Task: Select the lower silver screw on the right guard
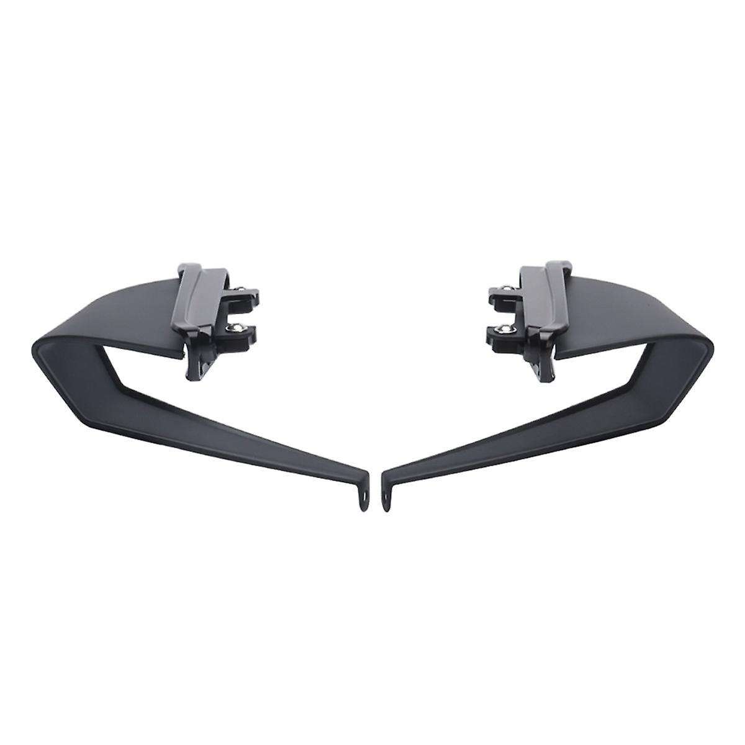507,328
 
